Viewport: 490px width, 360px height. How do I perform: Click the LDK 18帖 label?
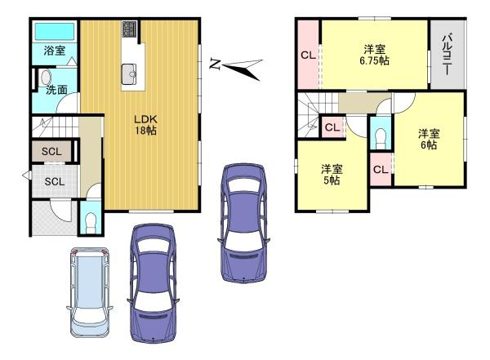pyautogui.click(x=145, y=125)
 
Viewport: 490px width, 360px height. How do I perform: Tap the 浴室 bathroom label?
pyautogui.click(x=55, y=51)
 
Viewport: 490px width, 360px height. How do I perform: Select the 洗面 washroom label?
pyautogui.click(x=56, y=90)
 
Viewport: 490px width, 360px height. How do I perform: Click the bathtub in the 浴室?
pyautogui.click(x=55, y=31)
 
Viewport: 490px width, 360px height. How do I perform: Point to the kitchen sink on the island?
pyautogui.click(x=129, y=74)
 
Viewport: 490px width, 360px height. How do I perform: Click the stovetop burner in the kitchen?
pyautogui.click(x=129, y=29)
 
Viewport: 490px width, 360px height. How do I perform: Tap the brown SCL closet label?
pyautogui.click(x=51, y=152)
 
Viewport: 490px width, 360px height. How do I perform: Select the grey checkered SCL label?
pyautogui.click(x=55, y=181)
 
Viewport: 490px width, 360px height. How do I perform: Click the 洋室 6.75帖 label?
pyautogui.click(x=374, y=55)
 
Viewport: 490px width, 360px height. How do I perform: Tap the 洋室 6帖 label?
pyautogui.click(x=429, y=139)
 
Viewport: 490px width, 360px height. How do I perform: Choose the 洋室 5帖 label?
pyautogui.click(x=332, y=175)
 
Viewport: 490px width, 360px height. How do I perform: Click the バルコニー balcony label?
pyautogui.click(x=448, y=54)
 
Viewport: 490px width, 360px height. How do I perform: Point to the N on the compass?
pyautogui.click(x=214, y=64)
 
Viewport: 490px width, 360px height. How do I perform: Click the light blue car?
pyautogui.click(x=89, y=292)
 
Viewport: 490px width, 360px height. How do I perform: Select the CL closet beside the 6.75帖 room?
pyautogui.click(x=308, y=56)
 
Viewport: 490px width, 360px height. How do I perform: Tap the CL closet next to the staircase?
pyautogui.click(x=332, y=127)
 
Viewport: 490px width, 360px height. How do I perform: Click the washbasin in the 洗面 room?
pyautogui.click(x=46, y=78)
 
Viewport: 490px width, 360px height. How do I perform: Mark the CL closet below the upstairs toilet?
pyautogui.click(x=381, y=169)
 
